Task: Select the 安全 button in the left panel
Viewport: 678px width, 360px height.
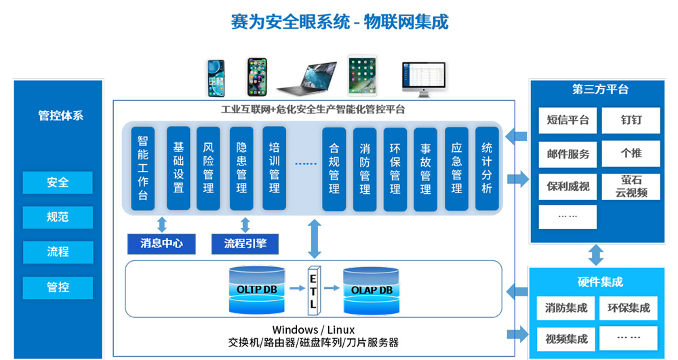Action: (x=58, y=182)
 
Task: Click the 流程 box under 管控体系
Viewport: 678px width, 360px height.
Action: (x=58, y=252)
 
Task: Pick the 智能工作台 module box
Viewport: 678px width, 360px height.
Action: (x=143, y=167)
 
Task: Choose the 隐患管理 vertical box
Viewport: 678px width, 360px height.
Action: (x=241, y=167)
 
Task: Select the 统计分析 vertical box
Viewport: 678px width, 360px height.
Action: (x=487, y=167)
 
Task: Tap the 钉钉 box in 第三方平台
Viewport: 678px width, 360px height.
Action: (x=631, y=121)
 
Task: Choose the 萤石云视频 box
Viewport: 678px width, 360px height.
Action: (x=631, y=186)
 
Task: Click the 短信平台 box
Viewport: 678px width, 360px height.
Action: (x=568, y=121)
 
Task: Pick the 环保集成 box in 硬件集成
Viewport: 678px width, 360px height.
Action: (x=629, y=308)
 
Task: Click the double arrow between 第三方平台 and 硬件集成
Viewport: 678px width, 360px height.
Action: (x=596, y=255)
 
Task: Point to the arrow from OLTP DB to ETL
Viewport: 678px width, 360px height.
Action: (x=295, y=288)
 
